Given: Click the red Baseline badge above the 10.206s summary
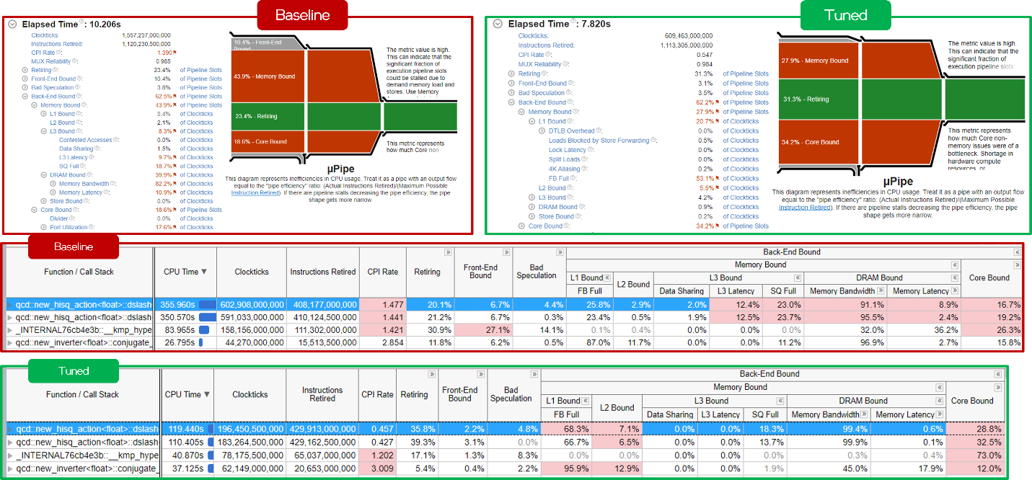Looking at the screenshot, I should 302,15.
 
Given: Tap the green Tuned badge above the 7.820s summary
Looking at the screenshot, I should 845,15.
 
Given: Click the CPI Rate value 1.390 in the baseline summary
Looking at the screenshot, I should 164,53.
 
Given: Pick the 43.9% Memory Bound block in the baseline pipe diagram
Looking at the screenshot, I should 267,76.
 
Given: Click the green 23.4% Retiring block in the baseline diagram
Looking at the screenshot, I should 267,116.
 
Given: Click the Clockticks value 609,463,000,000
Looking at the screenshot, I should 688,35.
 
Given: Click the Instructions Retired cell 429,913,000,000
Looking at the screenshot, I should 322,428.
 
